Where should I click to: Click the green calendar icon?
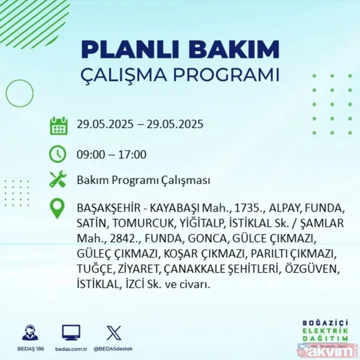(58, 125)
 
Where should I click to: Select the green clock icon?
(58, 154)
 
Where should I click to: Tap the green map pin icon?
(58, 209)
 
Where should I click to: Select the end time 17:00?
(133, 154)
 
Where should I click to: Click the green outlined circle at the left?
(19, 94)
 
